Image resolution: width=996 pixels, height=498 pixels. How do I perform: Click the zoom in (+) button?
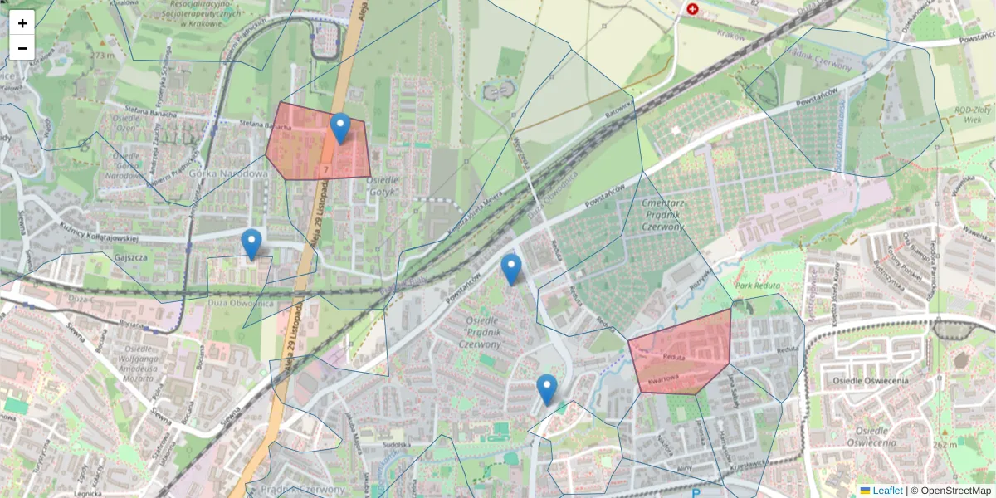click(22, 23)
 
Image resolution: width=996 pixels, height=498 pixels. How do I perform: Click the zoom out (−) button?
click(22, 48)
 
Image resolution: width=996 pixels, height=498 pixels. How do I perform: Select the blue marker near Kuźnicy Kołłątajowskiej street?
click(251, 243)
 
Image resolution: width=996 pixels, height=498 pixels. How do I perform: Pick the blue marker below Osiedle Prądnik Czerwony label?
click(546, 388)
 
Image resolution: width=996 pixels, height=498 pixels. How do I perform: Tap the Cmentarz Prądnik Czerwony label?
click(662, 215)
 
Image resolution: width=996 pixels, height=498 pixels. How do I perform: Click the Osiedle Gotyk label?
click(383, 186)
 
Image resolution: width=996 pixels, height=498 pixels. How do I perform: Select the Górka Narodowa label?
click(228, 173)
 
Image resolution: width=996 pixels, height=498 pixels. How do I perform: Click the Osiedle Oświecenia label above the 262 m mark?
click(871, 380)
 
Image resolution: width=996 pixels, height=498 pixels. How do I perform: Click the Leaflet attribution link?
click(886, 491)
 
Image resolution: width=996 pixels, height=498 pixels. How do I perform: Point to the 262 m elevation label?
click(944, 445)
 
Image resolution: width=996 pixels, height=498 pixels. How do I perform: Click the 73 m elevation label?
click(103, 56)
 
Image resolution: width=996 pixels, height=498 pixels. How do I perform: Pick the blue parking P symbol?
click(696, 493)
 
